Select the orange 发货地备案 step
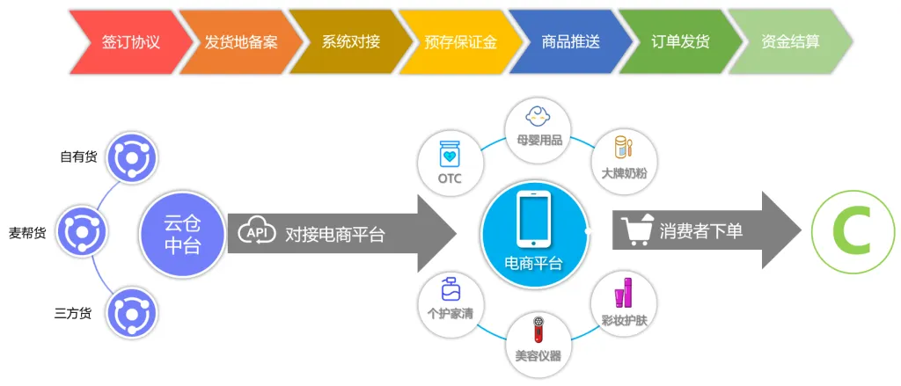(x=241, y=42)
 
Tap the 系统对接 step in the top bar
(x=350, y=42)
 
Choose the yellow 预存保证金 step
(x=461, y=42)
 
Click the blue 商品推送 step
(x=570, y=42)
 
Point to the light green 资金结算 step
(x=791, y=42)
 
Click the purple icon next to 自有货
(x=132, y=157)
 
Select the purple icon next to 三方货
(x=132, y=313)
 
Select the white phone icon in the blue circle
(x=534, y=219)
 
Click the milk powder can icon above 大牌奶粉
(x=622, y=147)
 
